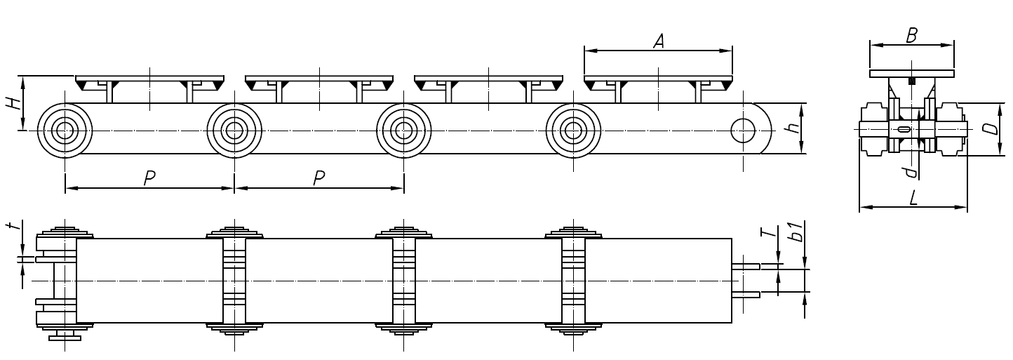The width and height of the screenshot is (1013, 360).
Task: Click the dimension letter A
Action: (658, 42)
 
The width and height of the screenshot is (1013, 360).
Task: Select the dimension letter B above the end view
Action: (911, 36)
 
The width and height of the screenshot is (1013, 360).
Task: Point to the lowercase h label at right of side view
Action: (792, 128)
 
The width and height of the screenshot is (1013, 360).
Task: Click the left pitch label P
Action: (149, 178)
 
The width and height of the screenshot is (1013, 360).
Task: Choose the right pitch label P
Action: (318, 178)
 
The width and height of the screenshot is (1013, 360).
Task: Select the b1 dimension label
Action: (795, 232)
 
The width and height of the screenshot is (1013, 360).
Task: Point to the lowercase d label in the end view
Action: (909, 171)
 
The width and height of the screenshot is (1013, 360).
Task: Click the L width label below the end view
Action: (913, 198)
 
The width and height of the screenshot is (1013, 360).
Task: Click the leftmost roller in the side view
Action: (65, 131)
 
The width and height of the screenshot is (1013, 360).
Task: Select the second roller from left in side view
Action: (234, 131)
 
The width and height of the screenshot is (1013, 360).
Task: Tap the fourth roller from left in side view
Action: (574, 131)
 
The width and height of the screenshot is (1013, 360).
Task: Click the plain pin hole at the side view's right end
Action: (742, 130)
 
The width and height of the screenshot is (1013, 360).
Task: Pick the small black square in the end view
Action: (911, 81)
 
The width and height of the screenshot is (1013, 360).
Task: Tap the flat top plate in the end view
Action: (911, 74)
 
